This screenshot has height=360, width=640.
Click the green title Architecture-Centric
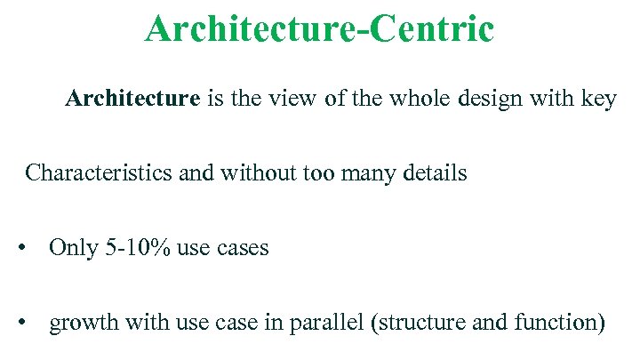pyautogui.click(x=319, y=28)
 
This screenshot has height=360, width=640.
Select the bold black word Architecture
pyautogui.click(x=132, y=99)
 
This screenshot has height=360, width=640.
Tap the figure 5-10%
pyautogui.click(x=138, y=247)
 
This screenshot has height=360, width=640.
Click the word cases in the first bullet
pyautogui.click(x=242, y=248)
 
